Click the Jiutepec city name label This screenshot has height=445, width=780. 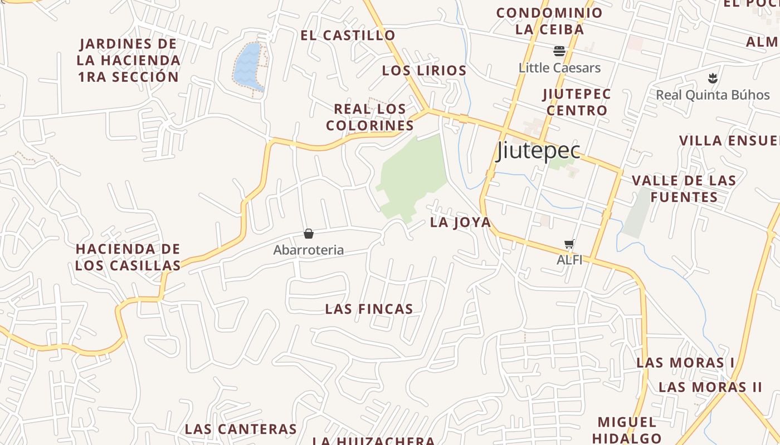(x=538, y=150)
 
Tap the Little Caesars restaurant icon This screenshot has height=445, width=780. (x=559, y=52)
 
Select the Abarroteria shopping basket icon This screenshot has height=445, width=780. (x=309, y=234)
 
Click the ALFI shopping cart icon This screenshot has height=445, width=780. (x=569, y=244)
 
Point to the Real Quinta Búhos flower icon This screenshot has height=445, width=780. (x=712, y=78)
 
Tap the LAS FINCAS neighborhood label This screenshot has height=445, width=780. (x=369, y=309)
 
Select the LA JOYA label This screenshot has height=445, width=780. (x=460, y=222)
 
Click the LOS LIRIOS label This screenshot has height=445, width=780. (x=424, y=71)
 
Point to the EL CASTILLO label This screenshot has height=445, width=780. (x=348, y=36)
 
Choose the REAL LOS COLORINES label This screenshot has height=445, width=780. (x=370, y=117)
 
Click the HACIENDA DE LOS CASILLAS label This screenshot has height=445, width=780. (x=128, y=257)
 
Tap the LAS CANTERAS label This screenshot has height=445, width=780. (x=241, y=429)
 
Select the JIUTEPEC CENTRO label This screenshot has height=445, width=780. (x=577, y=102)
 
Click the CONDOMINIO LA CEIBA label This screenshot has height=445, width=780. (x=549, y=21)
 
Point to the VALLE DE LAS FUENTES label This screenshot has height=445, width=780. (x=684, y=189)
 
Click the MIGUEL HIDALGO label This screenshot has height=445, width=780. (x=627, y=430)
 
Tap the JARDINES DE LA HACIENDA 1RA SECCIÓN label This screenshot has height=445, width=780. (x=129, y=60)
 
